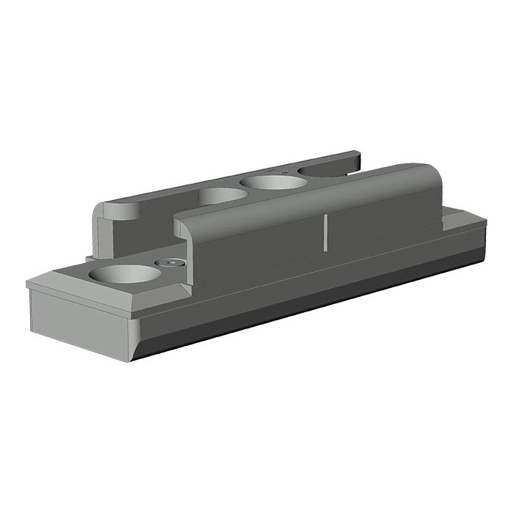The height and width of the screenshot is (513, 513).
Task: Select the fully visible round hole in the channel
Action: (x=276, y=181)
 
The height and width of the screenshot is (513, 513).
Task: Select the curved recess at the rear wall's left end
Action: (x=121, y=210)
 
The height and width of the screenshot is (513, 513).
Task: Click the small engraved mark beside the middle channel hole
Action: (x=277, y=169)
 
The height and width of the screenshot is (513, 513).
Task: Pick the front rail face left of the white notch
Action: (x=256, y=249)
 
